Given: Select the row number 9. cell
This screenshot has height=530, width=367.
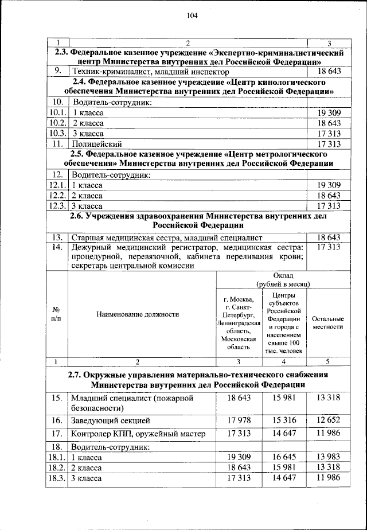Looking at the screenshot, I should pyautogui.click(x=58, y=71).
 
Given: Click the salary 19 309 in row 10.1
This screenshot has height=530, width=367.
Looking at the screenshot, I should pyautogui.click(x=329, y=113).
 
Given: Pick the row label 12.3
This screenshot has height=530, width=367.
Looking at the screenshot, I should pyautogui.click(x=57, y=205).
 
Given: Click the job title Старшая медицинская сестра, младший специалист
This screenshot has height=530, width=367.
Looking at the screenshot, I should pyautogui.click(x=166, y=237).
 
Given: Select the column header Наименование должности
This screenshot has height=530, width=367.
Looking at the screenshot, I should pyautogui.click(x=142, y=314).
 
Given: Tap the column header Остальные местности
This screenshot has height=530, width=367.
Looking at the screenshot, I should pyautogui.click(x=328, y=322).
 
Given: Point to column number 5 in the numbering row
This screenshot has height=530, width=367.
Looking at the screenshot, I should pyautogui.click(x=328, y=361).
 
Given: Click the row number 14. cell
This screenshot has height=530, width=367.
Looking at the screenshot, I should pyautogui.click(x=58, y=247).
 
